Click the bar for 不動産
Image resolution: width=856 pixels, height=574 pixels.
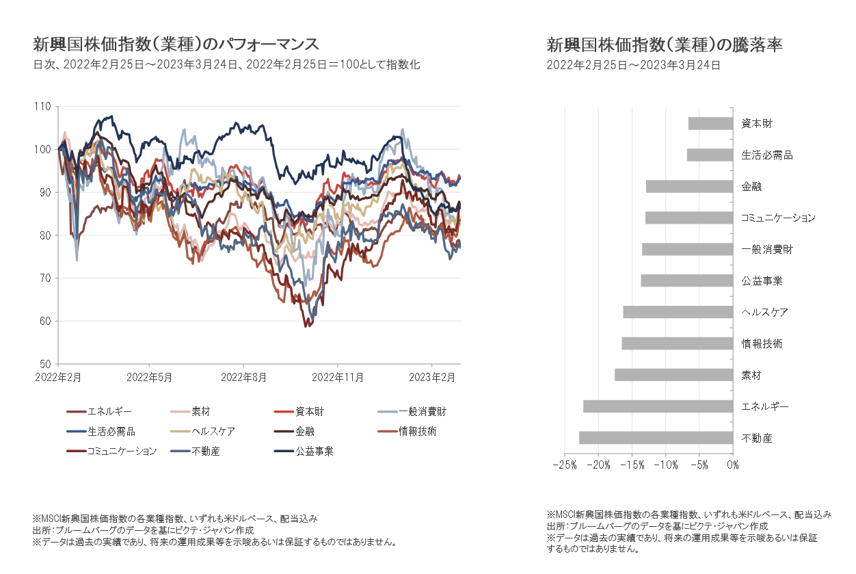(x=656, y=438)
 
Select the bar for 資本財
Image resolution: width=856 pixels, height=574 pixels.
(x=710, y=123)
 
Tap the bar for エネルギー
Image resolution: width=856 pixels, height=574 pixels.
(x=658, y=406)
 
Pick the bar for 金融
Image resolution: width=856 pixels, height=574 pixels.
(x=689, y=186)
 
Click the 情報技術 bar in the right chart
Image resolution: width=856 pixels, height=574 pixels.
(x=677, y=343)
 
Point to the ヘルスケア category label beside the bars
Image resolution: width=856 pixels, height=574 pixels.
(x=764, y=312)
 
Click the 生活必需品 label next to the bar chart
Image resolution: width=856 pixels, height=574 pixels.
(x=766, y=155)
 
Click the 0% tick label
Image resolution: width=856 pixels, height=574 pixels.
(x=732, y=465)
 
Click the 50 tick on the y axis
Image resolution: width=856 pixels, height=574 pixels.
(x=44, y=363)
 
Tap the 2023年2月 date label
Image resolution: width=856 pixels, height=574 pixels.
(x=432, y=376)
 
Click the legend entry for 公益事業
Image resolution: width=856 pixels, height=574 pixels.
(x=315, y=451)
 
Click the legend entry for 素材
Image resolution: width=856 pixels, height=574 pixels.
(x=200, y=412)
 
